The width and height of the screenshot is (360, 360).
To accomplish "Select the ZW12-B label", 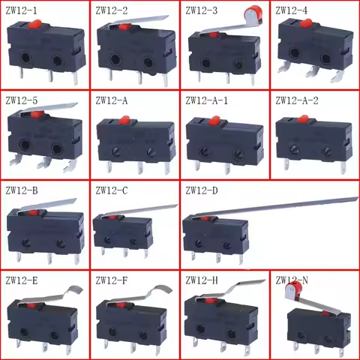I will pos(21,190).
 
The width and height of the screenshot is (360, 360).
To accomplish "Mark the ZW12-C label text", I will pos(110,190).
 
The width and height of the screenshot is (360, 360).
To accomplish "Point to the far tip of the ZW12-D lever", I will pos(356,199).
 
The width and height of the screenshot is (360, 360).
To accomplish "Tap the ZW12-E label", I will pos(20,281).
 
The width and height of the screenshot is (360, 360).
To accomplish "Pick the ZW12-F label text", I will pos(110,281).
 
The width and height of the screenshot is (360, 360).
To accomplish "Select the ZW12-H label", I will pos(200,281).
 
